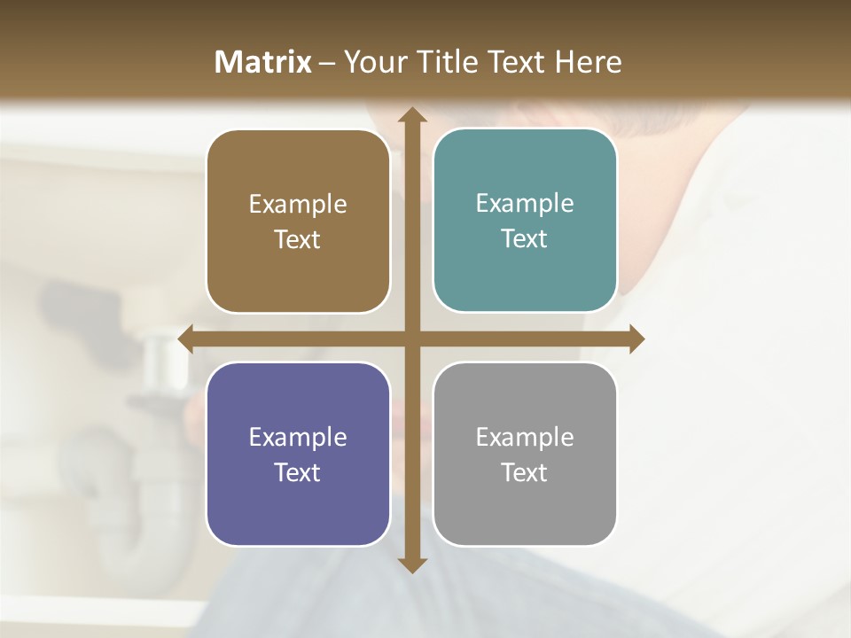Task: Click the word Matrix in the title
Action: point(263,62)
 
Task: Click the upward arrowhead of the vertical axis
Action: point(411,115)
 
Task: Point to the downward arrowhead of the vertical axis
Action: point(411,564)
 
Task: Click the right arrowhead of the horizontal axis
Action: point(636,339)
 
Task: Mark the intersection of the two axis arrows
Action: point(411,339)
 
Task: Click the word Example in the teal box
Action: point(525,203)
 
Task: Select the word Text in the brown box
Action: point(298,239)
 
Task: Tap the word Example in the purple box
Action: point(298,437)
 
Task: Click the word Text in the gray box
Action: point(525,472)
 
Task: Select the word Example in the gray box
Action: point(525,437)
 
